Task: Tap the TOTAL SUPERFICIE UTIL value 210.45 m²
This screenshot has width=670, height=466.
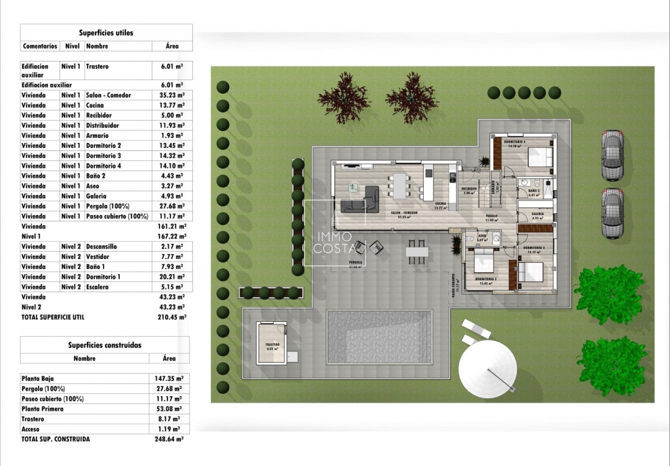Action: pos(172,317)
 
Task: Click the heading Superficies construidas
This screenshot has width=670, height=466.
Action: pos(105,345)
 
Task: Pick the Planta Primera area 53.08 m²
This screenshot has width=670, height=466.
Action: pos(168,409)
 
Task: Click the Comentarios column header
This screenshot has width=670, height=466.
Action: pos(40,46)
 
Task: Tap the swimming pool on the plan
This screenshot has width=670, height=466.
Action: pos(378,337)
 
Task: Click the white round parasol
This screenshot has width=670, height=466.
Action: pos(488,371)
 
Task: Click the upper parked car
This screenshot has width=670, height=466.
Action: pos(612,155)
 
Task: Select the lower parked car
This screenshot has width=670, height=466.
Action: pos(612,212)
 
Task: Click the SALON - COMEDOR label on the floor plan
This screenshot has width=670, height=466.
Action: pos(404,212)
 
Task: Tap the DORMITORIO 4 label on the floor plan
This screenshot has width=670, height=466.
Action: pos(515,142)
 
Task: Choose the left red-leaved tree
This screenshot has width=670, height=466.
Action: pos(343,98)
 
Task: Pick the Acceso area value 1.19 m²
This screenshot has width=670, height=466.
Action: pos(168,429)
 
